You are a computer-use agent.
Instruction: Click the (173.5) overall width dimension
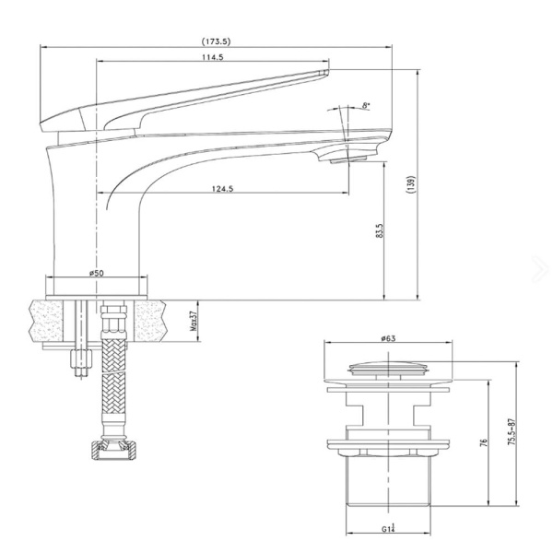218,40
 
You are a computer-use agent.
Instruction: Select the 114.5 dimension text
213,58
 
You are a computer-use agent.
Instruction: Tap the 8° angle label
366,107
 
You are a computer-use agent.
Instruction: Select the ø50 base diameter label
95,272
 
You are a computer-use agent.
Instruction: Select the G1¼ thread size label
392,528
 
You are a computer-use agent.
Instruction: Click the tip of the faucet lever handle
323,70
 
